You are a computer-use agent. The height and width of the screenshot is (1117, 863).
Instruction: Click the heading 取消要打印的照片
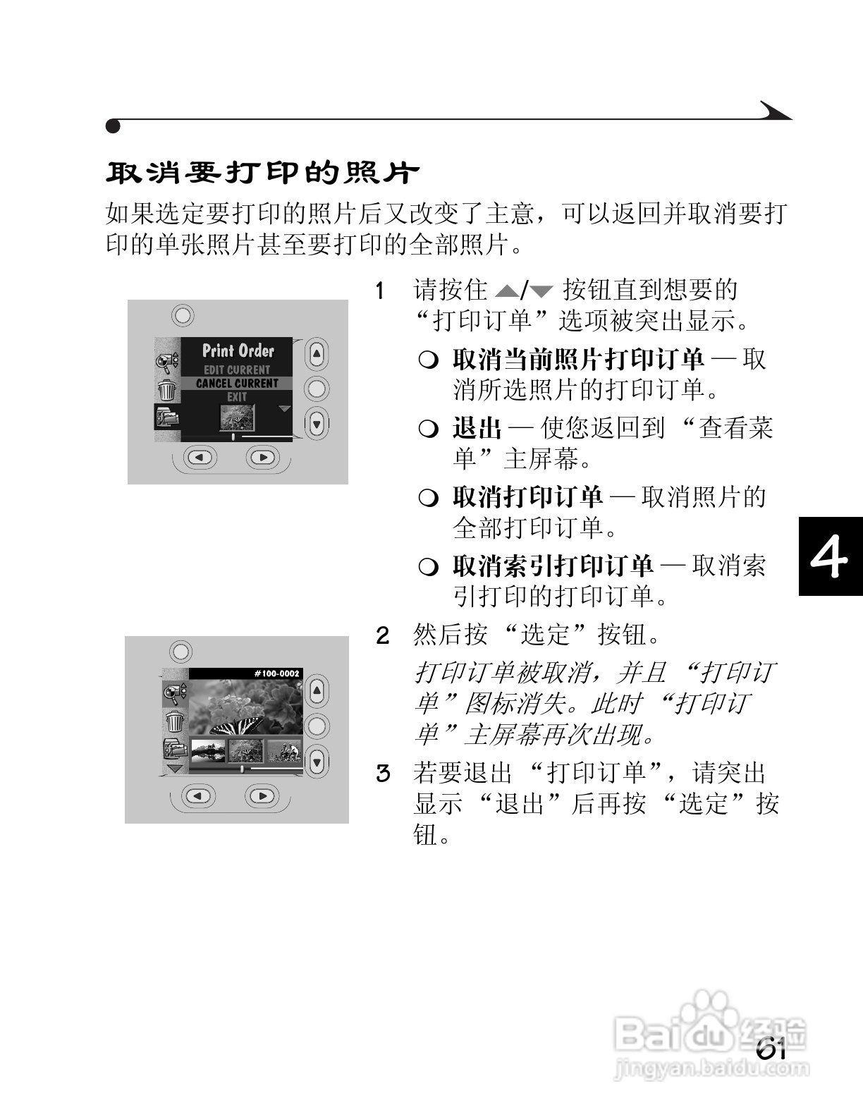pos(262,172)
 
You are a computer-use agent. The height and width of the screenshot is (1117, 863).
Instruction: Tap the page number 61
pos(771,1049)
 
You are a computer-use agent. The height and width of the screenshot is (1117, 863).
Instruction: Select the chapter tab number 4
pos(829,557)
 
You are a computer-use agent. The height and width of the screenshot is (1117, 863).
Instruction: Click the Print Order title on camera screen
pos(238,350)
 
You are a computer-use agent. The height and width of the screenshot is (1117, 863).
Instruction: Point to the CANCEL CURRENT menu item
pos(237,383)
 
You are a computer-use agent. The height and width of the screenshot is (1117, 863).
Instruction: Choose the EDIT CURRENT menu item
pos(237,370)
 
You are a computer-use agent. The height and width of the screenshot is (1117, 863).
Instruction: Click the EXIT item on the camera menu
pos(237,396)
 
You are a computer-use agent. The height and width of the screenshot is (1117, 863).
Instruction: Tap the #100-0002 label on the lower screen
pos(276,673)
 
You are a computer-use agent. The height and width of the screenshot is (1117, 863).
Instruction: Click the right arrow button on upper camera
pos(263,458)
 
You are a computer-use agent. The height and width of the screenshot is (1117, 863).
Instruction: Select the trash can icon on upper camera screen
pos(167,389)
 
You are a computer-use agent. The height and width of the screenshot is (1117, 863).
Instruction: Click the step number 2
pos(382,635)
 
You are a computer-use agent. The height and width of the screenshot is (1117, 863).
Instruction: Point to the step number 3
pos(382,774)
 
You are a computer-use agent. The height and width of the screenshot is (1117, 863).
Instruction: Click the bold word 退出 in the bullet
pos(477,428)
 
